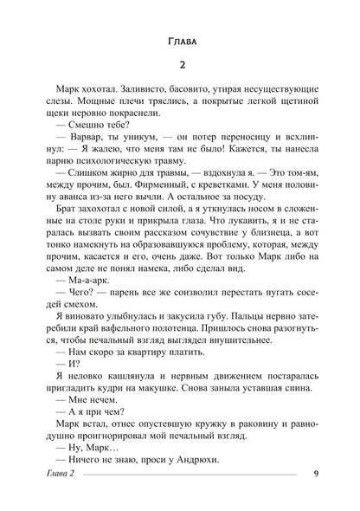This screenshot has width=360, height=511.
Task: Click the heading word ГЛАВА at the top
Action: pyautogui.click(x=179, y=42)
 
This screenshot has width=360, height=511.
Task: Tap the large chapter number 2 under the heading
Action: pyautogui.click(x=179, y=70)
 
